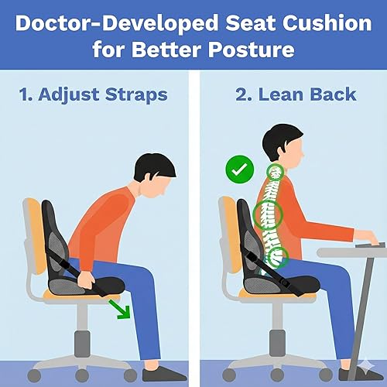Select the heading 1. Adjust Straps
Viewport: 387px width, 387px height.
point(92,95)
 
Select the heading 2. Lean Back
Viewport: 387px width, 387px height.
point(296,95)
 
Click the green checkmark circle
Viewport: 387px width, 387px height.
point(237,168)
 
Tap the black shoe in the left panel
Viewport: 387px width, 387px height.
point(164,374)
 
